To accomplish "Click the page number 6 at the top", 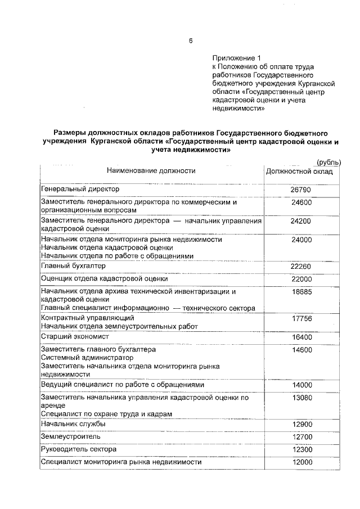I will (x=191, y=40).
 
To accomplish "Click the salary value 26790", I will (x=300, y=190).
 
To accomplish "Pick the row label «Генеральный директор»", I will (x=80, y=189).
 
